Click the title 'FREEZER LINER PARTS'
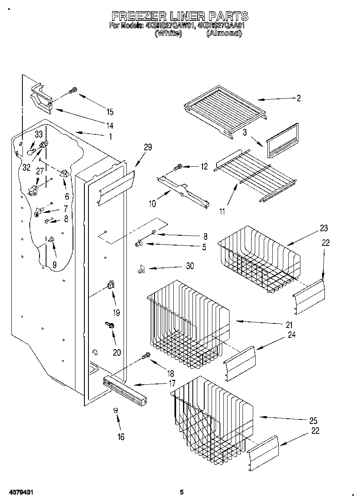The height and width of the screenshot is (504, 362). pos(180,16)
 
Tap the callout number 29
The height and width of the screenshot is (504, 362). pos(148,147)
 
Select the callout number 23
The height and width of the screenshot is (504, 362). pos(324,228)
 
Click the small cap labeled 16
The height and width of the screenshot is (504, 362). pos(115,410)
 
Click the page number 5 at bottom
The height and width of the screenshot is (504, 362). pos(181,493)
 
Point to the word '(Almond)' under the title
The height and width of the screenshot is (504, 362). pos(224,34)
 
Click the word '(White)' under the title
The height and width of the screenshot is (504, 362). pos(168,34)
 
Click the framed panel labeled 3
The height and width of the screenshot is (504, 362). pos(282,140)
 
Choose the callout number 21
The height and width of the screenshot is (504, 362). pos(289,325)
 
